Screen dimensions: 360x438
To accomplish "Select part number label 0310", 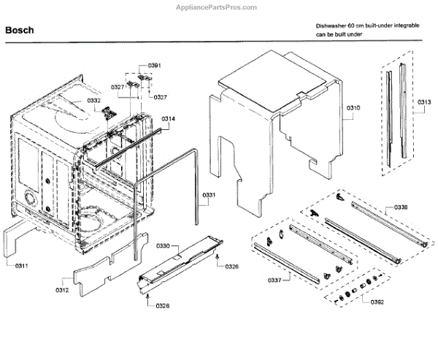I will click(x=353, y=108).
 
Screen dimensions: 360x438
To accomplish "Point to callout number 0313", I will click(x=424, y=102).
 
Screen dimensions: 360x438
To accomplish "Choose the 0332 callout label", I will click(x=93, y=100).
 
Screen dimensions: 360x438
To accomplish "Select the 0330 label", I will click(x=163, y=246).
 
